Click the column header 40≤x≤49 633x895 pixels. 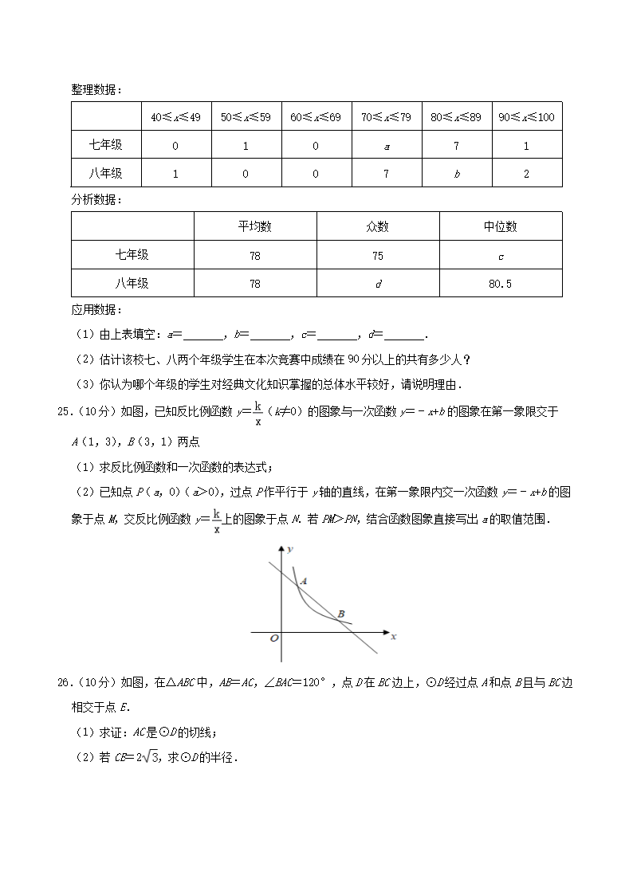(175, 117)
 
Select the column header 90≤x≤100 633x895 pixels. (526, 117)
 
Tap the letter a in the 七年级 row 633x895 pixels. (386, 146)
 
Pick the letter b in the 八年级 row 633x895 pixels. (456, 174)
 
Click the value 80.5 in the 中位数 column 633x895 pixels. (500, 284)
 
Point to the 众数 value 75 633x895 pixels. (377, 256)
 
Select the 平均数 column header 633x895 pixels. (255, 226)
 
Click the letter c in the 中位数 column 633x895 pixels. (500, 256)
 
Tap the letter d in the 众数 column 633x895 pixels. (377, 284)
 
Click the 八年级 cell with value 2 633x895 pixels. (526, 174)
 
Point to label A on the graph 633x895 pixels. (305, 582)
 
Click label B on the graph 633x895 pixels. (341, 614)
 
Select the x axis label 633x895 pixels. (394, 636)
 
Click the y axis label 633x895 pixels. (293, 550)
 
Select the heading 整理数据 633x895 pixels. (96, 89)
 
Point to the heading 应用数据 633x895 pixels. (96, 309)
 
